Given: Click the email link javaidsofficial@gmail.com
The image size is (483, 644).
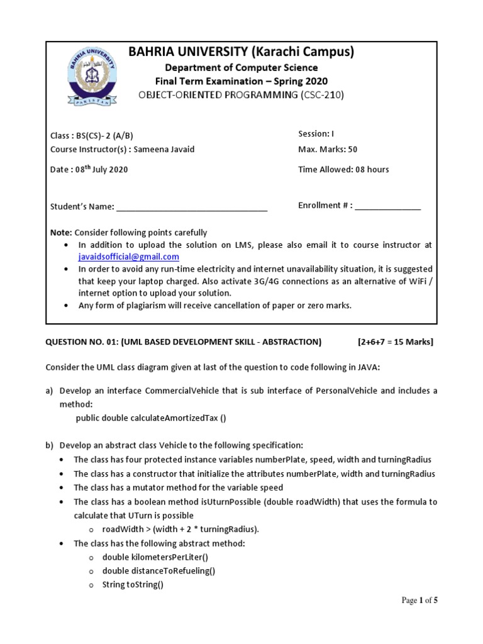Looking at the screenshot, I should pyautogui.click(x=128, y=257).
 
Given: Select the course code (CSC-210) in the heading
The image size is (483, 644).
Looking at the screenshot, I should pyautogui.click(x=322, y=95).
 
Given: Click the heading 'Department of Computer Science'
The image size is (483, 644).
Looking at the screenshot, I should pyautogui.click(x=241, y=67).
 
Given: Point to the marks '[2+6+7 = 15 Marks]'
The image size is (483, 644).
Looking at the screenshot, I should pyautogui.click(x=395, y=342).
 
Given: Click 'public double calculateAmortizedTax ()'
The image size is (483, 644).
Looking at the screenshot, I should pyautogui.click(x=151, y=418).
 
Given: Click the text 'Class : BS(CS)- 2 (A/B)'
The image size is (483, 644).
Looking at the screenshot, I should pyautogui.click(x=92, y=135).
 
